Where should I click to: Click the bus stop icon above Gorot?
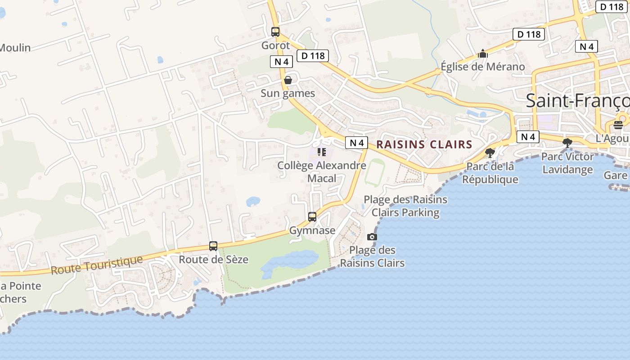coord(275,32)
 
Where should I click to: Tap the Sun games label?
coord(288,94)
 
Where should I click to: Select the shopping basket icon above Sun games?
coord(288,80)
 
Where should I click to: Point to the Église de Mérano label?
coord(483,67)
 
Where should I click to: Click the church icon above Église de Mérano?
coord(483,54)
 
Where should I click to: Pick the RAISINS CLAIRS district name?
coord(424,144)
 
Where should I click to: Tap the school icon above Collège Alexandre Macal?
coord(321,152)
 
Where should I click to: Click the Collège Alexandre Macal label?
coord(322,171)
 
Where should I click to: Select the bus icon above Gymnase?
coord(312,217)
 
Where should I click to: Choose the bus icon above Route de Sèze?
coord(213,246)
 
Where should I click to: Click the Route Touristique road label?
coord(97,265)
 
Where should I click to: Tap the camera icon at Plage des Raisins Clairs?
coord(372,237)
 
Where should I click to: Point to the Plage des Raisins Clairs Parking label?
coord(405,206)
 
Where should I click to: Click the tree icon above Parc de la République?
coord(490,153)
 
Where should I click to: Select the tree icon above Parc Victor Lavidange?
coord(567,143)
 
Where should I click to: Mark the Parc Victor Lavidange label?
coord(567,163)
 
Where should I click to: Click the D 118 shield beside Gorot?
coord(313,56)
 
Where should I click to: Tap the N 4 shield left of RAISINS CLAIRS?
coord(356,143)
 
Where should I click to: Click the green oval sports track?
coord(375,172)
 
